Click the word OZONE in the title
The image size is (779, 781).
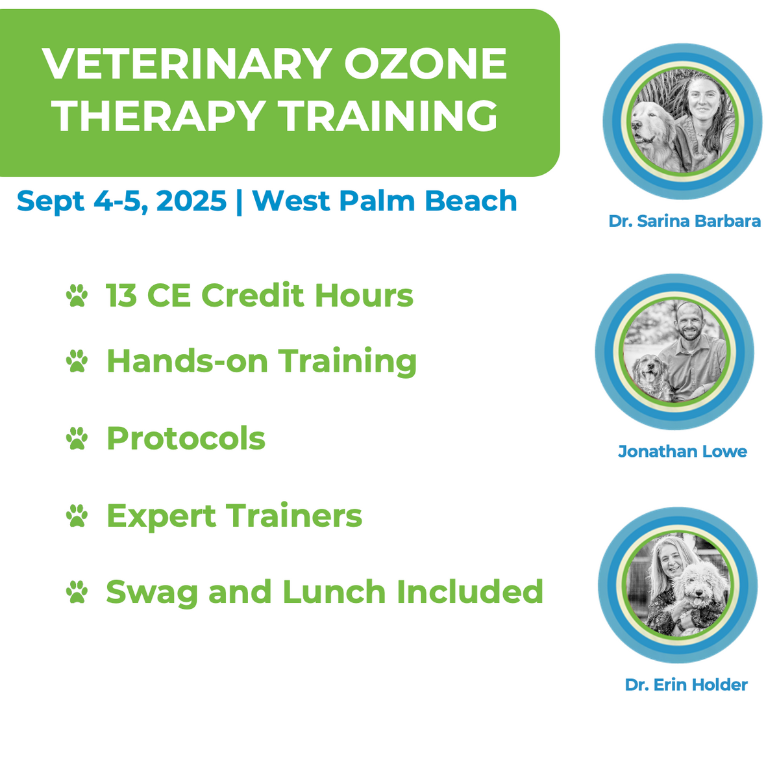point(425,64)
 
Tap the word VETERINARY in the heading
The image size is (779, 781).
point(187,64)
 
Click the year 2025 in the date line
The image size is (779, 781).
point(192,201)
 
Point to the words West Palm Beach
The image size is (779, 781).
point(384,201)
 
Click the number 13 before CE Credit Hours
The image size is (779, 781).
point(121,296)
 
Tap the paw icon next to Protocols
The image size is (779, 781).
point(77,439)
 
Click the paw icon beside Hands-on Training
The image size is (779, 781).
point(77,361)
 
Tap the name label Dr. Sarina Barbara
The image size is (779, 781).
point(684,221)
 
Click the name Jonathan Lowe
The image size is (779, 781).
point(682,451)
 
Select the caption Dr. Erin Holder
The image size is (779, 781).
point(686,684)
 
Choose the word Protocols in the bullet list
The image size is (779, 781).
point(186,439)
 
